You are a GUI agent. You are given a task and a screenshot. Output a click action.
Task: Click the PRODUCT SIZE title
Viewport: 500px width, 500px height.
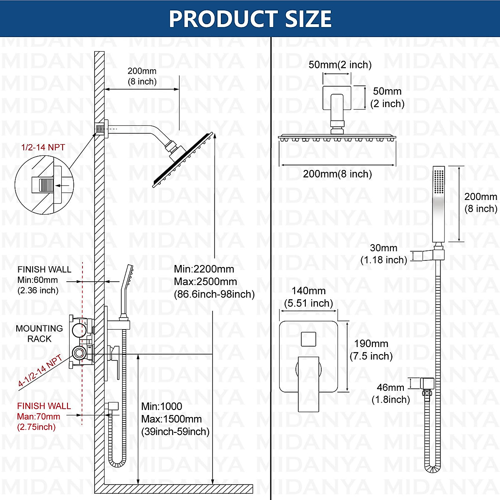click(x=250, y=19)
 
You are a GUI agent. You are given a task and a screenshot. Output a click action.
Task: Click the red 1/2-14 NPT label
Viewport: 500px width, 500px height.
click(x=43, y=147)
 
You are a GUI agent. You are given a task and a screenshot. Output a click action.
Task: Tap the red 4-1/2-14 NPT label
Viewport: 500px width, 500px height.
click(x=40, y=372)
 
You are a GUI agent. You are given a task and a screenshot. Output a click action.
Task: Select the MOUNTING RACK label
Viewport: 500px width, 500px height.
click(x=39, y=334)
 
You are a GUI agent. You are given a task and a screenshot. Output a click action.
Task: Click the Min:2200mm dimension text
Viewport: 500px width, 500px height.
click(x=204, y=269)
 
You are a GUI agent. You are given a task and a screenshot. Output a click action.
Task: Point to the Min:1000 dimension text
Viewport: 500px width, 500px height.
click(x=162, y=407)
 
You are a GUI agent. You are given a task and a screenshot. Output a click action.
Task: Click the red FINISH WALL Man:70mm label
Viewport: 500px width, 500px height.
click(x=43, y=416)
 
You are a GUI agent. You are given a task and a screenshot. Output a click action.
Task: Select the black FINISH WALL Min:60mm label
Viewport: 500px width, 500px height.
click(x=44, y=280)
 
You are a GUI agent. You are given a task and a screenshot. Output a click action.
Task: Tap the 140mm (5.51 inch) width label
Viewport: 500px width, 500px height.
click(x=308, y=297)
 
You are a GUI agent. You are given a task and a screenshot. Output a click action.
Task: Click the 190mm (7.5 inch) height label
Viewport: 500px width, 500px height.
click(x=371, y=350)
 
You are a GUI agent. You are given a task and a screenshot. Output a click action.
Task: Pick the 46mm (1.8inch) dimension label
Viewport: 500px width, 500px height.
click(x=390, y=393)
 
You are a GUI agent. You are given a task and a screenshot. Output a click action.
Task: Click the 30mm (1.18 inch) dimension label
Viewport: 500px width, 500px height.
click(x=383, y=254)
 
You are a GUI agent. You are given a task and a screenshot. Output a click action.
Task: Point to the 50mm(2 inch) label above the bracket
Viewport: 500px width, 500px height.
click(x=340, y=65)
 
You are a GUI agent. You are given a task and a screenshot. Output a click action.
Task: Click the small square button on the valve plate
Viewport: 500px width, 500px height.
click(x=308, y=339)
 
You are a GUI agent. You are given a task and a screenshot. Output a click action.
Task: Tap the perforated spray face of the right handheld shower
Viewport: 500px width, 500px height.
click(x=439, y=181)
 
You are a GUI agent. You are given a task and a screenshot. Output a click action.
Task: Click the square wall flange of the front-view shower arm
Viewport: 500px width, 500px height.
click(x=337, y=98)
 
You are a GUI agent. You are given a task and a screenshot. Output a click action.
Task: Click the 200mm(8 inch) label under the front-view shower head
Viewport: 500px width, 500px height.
click(x=337, y=174)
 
